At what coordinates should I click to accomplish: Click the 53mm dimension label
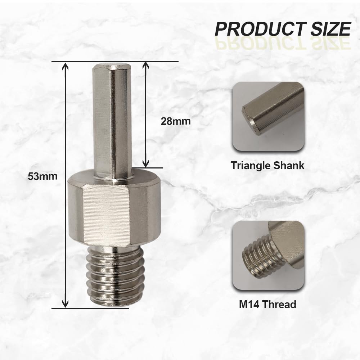pos(42,176)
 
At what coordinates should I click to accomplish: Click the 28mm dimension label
pos(176,121)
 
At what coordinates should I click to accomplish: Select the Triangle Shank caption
pos(267,166)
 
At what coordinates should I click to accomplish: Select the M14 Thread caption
pos(268,305)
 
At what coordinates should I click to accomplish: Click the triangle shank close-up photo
pos(268,116)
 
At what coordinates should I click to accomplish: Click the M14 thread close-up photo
pos(268,256)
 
